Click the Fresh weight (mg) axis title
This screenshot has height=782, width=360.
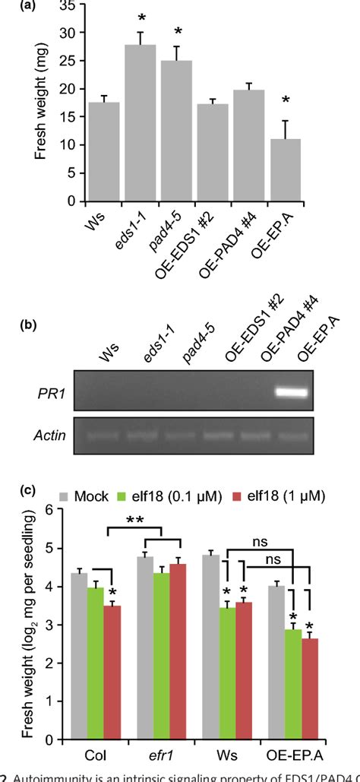(x=37, y=103)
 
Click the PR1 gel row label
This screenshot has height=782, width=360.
(x=51, y=393)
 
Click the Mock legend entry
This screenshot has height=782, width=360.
(x=99, y=495)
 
